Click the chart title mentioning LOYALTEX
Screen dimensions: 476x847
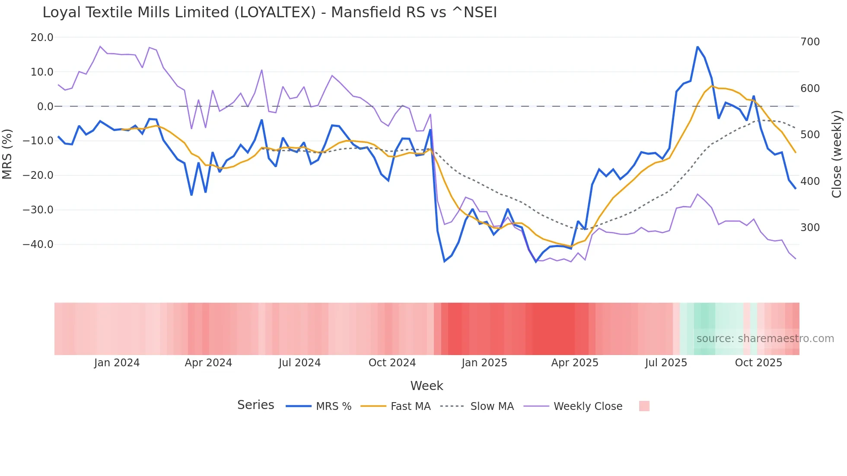(x=270, y=13)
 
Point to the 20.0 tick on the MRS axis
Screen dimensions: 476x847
(x=42, y=38)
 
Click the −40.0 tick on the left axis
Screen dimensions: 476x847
(x=38, y=244)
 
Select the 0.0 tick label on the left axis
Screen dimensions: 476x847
(x=45, y=107)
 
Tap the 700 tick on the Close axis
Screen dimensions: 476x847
(x=810, y=42)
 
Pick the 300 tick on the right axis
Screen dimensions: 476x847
(x=810, y=228)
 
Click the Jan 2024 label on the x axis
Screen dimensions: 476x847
(x=117, y=363)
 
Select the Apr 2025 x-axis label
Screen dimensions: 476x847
(x=574, y=363)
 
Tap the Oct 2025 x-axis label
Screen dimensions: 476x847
(x=758, y=363)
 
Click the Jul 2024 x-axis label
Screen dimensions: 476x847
(x=299, y=363)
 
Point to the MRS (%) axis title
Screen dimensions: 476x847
(x=7, y=154)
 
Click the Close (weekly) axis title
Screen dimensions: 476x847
(x=837, y=154)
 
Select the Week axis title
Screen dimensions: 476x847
(x=427, y=386)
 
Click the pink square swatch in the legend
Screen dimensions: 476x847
(x=644, y=406)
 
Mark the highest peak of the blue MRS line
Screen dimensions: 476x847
(x=697, y=47)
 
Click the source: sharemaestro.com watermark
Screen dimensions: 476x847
(x=765, y=339)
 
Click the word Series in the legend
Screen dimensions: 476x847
(x=255, y=405)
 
